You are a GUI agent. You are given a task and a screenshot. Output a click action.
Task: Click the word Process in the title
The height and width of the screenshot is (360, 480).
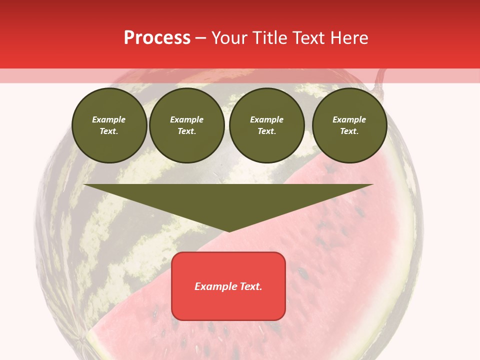157,38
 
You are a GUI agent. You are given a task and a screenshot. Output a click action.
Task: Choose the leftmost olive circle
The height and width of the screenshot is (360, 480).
109,125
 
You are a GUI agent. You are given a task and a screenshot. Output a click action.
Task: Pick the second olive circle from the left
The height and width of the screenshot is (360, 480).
187,125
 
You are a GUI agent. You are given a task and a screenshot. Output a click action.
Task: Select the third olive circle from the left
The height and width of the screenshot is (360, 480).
267,125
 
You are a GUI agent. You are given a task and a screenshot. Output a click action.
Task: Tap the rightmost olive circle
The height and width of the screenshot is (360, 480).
349,125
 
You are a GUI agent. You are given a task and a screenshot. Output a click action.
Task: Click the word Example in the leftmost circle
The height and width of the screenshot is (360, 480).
109,119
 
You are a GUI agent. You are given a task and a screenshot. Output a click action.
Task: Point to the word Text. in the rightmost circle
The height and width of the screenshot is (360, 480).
349,131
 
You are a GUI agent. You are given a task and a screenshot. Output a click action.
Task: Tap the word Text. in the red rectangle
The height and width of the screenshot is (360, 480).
250,286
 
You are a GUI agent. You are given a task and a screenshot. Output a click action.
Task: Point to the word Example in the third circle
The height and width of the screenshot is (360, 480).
267,119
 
